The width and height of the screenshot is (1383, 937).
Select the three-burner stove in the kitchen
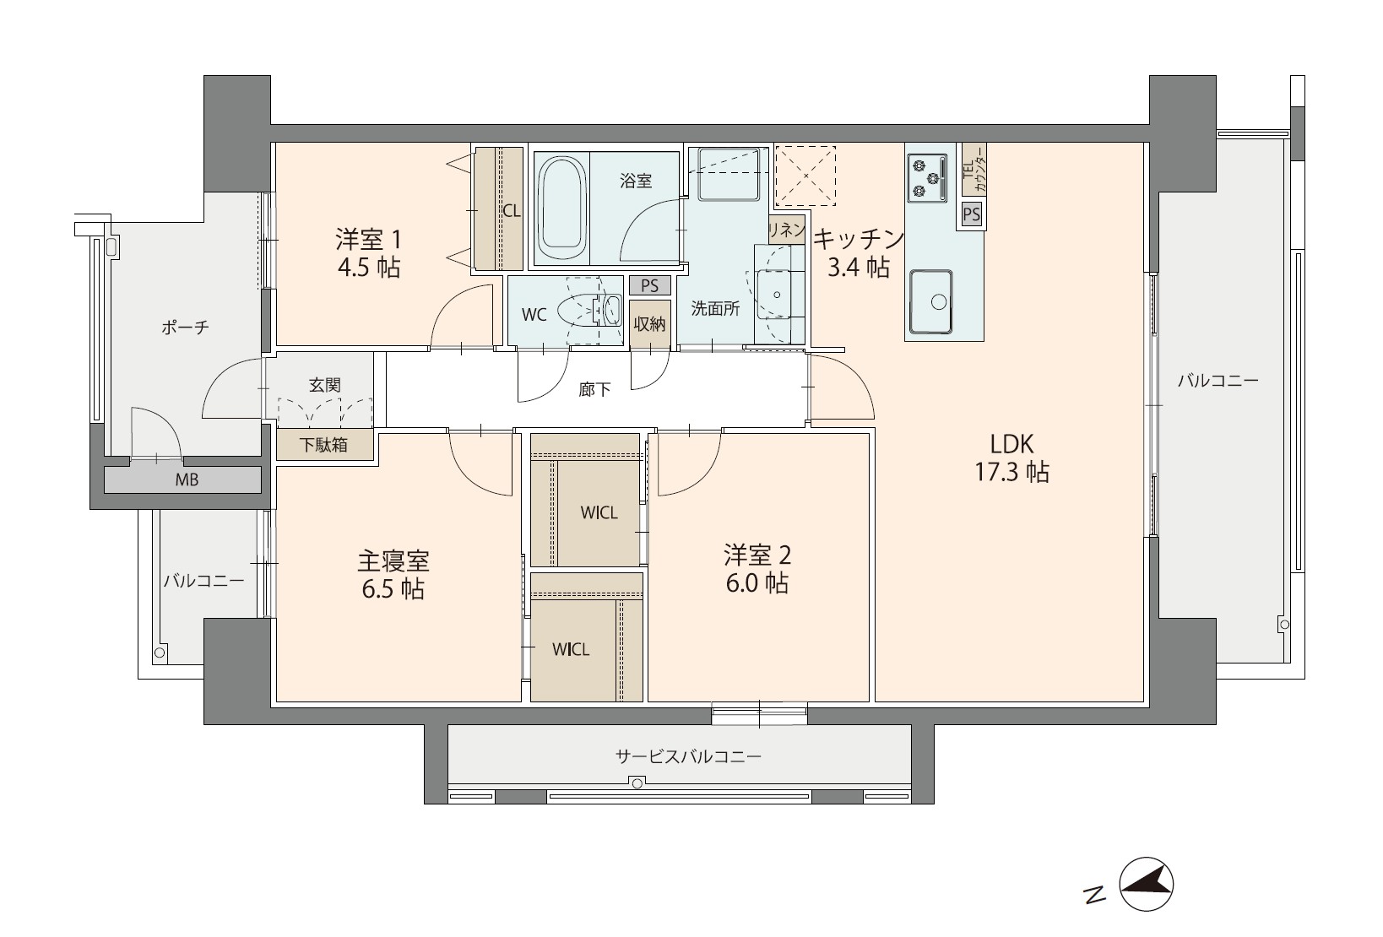coord(927,178)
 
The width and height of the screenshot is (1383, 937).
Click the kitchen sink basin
coord(930,301)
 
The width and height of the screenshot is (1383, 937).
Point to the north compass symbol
coord(1146,884)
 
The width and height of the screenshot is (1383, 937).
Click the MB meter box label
coord(187,479)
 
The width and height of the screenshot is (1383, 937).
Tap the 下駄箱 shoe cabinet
coord(324,444)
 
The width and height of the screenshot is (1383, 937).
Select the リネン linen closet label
coord(787,230)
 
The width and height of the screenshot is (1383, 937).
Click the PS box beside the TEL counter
coord(971,214)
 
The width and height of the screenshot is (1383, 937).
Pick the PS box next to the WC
coord(649,286)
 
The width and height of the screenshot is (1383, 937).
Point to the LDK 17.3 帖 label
coord(1011,458)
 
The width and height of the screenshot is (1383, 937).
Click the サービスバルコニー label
coord(688,756)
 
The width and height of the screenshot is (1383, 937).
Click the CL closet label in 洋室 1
coord(511,211)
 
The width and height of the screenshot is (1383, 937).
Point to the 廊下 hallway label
coord(594,389)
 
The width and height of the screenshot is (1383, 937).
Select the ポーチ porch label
coord(185,328)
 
